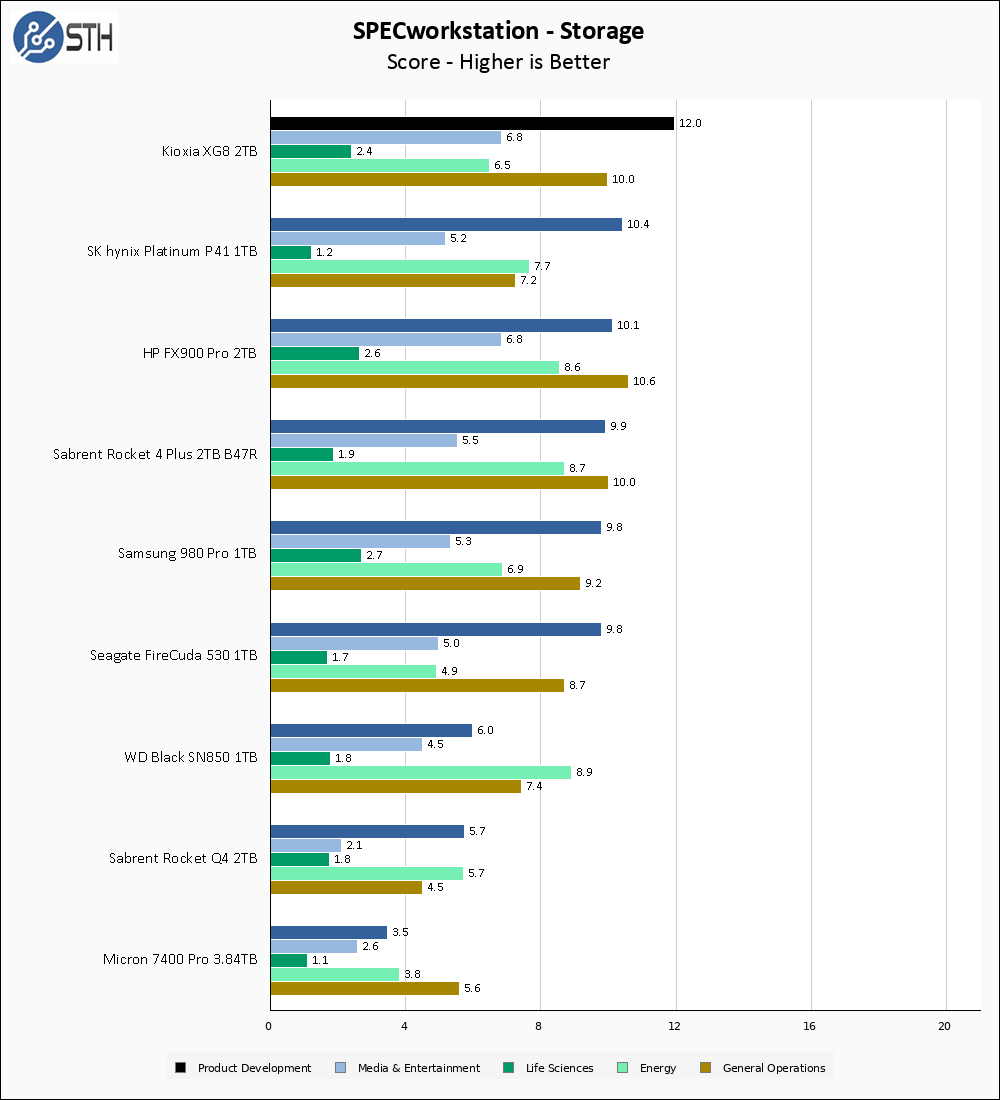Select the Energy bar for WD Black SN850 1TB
tap(420, 772)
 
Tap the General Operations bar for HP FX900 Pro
tap(449, 381)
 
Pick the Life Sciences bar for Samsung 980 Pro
tap(316, 555)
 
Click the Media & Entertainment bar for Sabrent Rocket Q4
tap(306, 845)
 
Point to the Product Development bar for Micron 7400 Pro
tap(328, 932)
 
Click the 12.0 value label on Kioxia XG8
tap(690, 124)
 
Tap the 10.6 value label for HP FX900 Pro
tap(644, 382)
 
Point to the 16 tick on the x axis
tap(810, 1026)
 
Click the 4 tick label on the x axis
tap(404, 1026)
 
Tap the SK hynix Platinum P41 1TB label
tap(172, 252)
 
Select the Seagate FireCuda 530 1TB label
tap(173, 656)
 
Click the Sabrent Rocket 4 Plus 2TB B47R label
tap(155, 454)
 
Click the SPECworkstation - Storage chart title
tap(498, 31)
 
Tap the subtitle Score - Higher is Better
tap(498, 62)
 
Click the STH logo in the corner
tap(63, 38)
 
